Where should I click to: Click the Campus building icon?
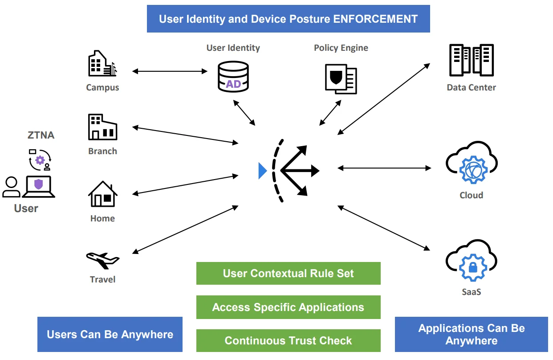point(102,63)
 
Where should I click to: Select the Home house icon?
point(103,194)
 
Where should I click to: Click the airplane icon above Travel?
point(103,260)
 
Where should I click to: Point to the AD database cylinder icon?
point(233,77)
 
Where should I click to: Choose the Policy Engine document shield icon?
point(341,78)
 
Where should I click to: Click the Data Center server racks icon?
point(471,61)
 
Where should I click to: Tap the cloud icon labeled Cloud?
point(471,165)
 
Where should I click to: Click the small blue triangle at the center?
point(262,171)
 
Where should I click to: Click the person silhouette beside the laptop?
point(11,187)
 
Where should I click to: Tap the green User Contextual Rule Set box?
point(288,273)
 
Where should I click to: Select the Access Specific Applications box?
point(288,307)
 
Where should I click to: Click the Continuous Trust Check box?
point(288,340)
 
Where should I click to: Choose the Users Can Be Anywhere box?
point(110,334)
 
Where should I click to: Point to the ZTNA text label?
point(41,135)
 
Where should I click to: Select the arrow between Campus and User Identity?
point(170,71)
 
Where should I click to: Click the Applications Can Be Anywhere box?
point(471,334)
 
